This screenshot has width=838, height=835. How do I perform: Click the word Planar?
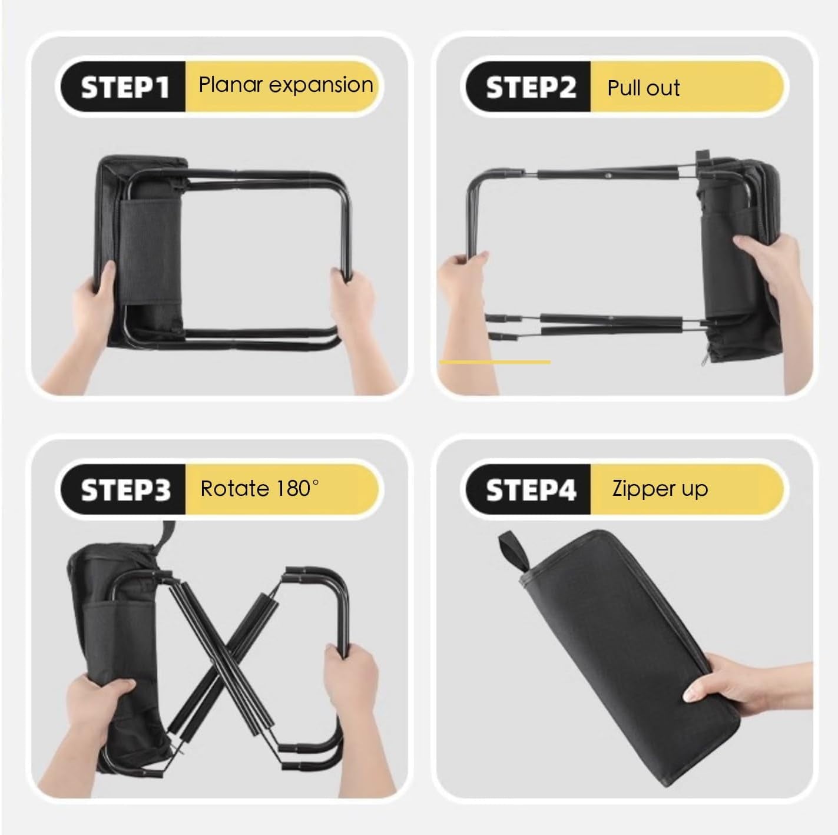230,84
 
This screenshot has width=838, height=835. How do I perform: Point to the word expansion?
321,85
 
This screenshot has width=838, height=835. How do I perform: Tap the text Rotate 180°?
260,488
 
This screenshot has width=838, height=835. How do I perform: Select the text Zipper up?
660,489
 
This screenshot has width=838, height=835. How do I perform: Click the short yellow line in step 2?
495,362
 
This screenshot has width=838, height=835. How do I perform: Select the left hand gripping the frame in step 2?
465,304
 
